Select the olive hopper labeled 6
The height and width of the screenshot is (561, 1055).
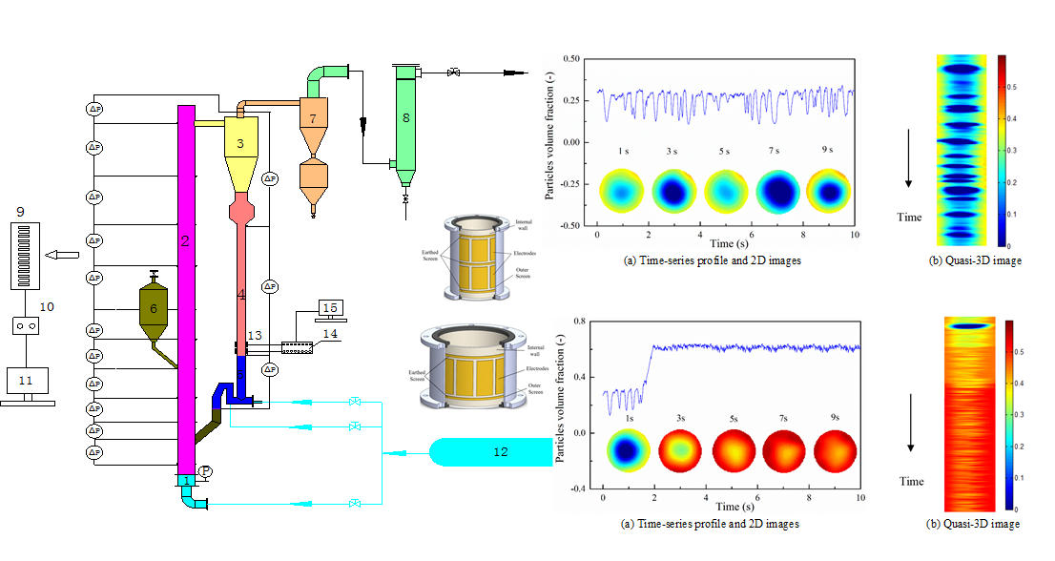tap(152, 309)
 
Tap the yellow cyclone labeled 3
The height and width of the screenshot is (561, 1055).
tap(241, 143)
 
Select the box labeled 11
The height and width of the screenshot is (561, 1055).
tap(26, 380)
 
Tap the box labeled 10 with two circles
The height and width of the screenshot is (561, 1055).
tap(26, 326)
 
